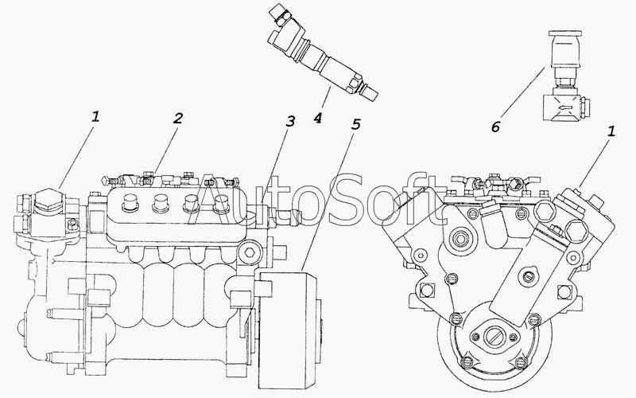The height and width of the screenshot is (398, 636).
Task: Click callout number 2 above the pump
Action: click(177, 118)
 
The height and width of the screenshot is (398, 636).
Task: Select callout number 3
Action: click(289, 121)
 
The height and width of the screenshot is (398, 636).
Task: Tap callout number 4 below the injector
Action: click(317, 118)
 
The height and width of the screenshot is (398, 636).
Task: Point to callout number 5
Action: click(355, 124)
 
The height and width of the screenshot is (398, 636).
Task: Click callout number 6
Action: click(495, 127)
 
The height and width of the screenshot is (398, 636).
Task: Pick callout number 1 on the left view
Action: click(95, 117)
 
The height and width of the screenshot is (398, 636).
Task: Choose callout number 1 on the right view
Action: click(611, 131)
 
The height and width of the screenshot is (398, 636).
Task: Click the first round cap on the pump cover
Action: click(130, 202)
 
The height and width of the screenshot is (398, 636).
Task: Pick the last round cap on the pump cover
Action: click(222, 204)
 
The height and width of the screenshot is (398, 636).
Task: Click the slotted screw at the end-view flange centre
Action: click(494, 335)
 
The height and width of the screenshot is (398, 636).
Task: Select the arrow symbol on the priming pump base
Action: click(565, 107)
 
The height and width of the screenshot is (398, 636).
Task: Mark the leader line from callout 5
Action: click(327, 201)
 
